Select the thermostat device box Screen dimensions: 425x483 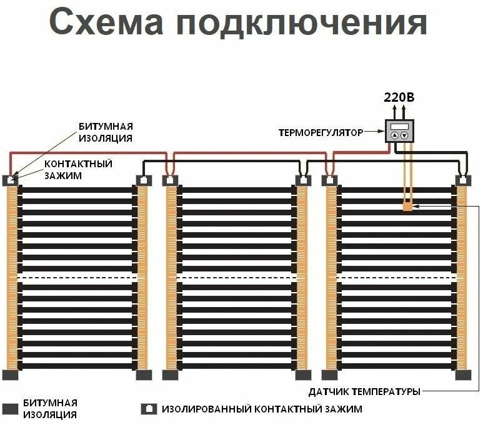pos(399,131)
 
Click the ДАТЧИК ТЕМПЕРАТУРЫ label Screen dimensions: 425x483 pos(364,391)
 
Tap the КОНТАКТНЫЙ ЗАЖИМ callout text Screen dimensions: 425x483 pos(78,170)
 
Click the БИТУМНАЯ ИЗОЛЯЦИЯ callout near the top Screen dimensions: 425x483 pos(106,132)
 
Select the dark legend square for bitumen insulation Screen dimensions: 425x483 pos(9,409)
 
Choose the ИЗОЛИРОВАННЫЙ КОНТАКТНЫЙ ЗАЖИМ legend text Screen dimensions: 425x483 pos(262,409)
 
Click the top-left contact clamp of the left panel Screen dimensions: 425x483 pos(11,180)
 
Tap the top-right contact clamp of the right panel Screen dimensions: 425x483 pos(462,180)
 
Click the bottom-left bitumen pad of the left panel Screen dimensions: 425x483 pos(11,375)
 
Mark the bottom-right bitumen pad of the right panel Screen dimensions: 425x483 pos(462,375)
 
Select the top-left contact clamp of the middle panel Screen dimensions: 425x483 pos(171,180)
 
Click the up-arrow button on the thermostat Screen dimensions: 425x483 pos(394,135)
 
